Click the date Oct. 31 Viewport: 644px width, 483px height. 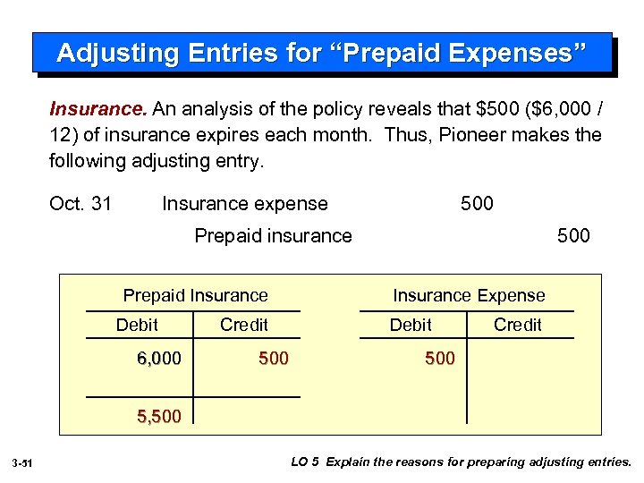click(80, 204)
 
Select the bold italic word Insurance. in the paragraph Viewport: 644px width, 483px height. click(98, 109)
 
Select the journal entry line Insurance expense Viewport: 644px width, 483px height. click(244, 204)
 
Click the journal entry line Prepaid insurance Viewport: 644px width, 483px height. click(273, 236)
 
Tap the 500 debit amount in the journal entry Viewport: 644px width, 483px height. click(477, 204)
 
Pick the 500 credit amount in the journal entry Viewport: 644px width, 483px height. click(573, 236)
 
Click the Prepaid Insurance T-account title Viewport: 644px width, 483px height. click(195, 295)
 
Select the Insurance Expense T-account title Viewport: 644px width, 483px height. click(469, 295)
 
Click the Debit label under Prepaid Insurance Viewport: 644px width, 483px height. click(137, 325)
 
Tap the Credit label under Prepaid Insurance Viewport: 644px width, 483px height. click(243, 325)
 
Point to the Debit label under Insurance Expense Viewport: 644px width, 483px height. click(411, 325)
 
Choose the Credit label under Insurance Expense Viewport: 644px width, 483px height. click(518, 325)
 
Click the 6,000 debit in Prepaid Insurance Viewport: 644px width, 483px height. click(159, 359)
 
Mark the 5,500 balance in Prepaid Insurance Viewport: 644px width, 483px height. click(159, 416)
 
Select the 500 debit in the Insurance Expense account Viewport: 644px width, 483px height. click(440, 359)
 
